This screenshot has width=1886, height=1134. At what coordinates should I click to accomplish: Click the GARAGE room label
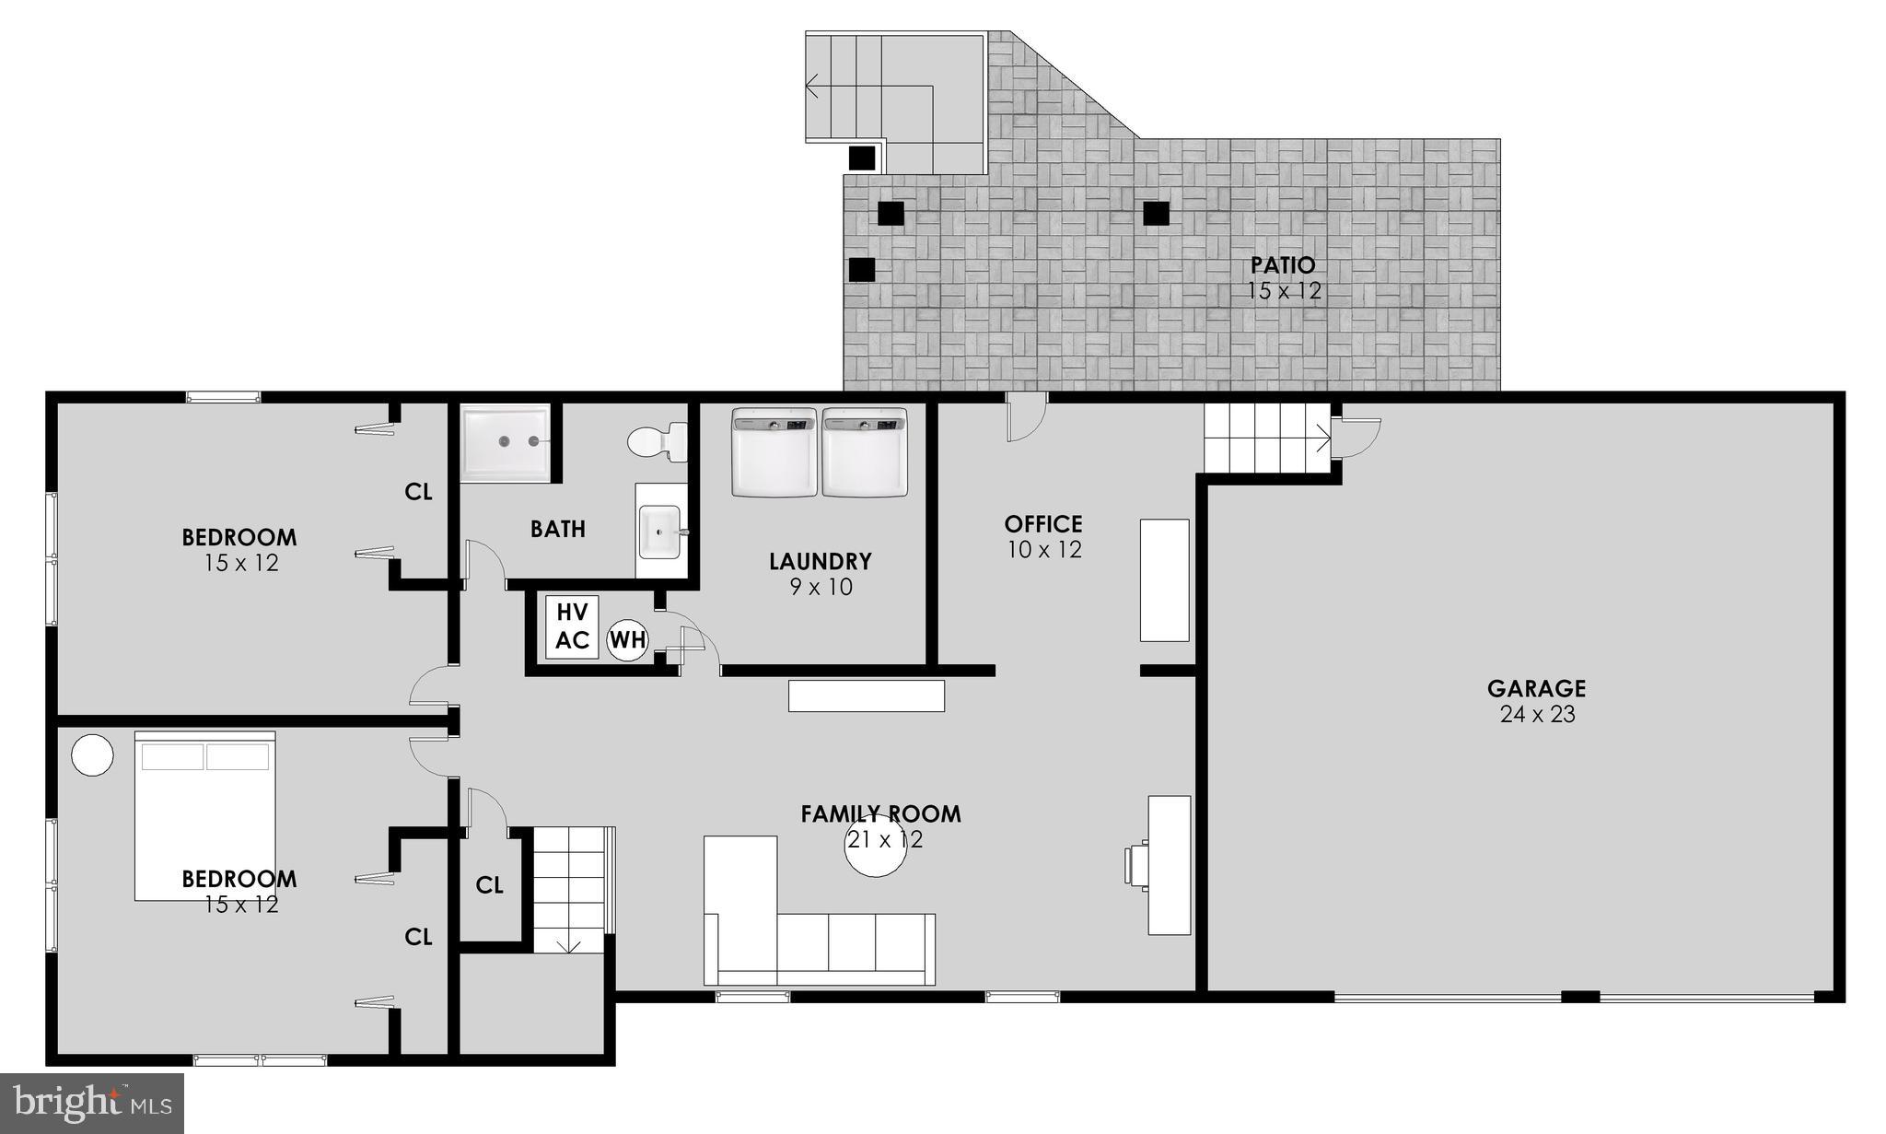pos(1536,688)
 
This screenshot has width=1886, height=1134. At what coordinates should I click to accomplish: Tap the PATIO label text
pos(1283,265)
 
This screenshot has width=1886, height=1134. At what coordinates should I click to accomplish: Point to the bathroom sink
pos(659,532)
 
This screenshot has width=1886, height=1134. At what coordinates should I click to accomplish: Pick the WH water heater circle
pos(628,639)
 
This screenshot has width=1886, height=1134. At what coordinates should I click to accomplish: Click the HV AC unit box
pos(572,626)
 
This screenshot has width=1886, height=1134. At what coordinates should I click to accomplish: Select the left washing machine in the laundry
pos(774,452)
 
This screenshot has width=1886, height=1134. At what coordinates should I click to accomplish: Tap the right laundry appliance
pos(864,452)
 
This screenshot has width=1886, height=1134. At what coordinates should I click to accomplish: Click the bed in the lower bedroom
pos(205,815)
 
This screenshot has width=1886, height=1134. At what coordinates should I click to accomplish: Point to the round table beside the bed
pos(92,755)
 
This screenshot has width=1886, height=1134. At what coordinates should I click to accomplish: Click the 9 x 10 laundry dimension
pos(821,587)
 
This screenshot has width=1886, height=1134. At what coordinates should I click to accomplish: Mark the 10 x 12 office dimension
pos(1042,550)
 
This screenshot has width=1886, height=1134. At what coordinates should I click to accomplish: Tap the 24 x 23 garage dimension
pos(1537,714)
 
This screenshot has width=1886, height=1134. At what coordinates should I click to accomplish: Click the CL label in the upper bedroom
pos(418,492)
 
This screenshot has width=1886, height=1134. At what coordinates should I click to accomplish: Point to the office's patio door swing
pos(1026,419)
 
